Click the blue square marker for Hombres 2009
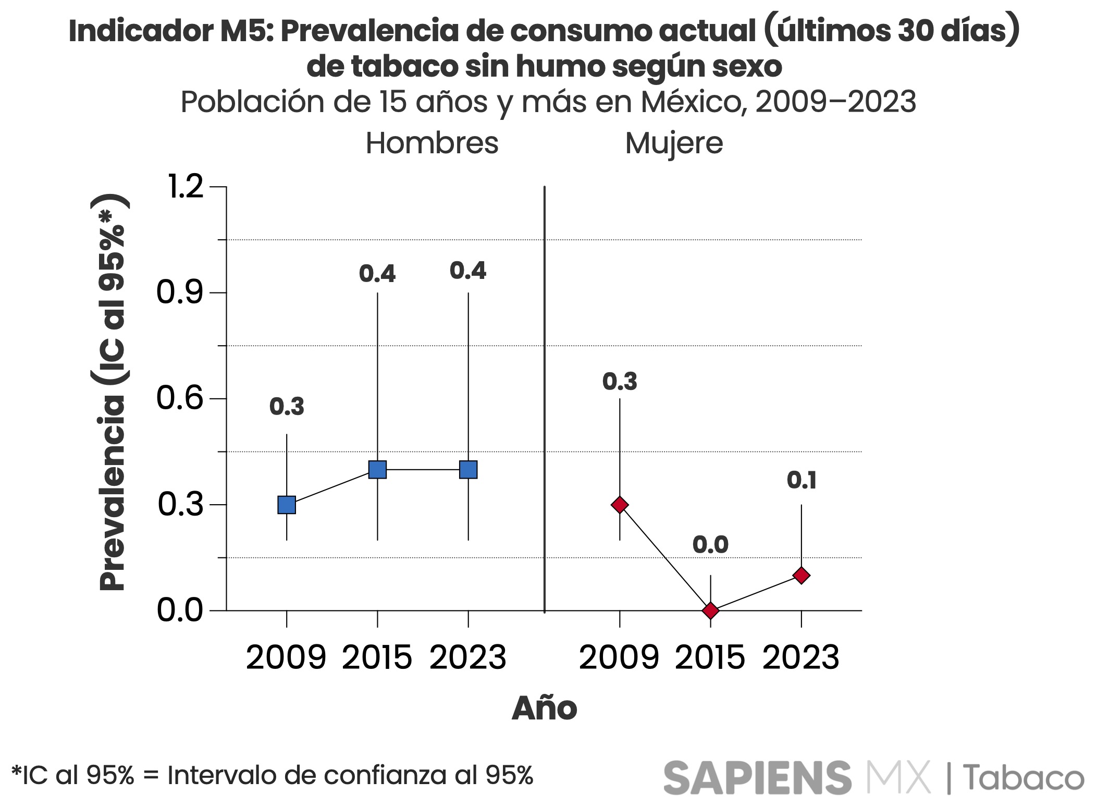click(287, 505)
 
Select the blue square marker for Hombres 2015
click(377, 470)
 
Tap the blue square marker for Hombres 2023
click(468, 470)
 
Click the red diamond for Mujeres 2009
click(620, 505)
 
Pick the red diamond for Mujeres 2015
click(710, 610)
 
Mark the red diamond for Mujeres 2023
click(801, 576)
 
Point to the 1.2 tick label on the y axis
click(185, 186)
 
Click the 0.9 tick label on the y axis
click(180, 292)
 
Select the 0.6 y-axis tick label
click(180, 398)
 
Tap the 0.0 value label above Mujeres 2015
click(710, 545)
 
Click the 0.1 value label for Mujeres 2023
click(802, 480)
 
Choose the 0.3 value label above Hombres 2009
click(287, 407)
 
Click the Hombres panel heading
click(432, 143)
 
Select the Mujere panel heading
click(674, 143)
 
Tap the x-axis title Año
click(545, 708)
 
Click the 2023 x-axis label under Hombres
click(467, 657)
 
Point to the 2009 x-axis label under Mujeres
click(619, 657)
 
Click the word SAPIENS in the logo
click(757, 777)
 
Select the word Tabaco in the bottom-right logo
click(1023, 777)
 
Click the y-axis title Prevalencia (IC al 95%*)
click(112, 392)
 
